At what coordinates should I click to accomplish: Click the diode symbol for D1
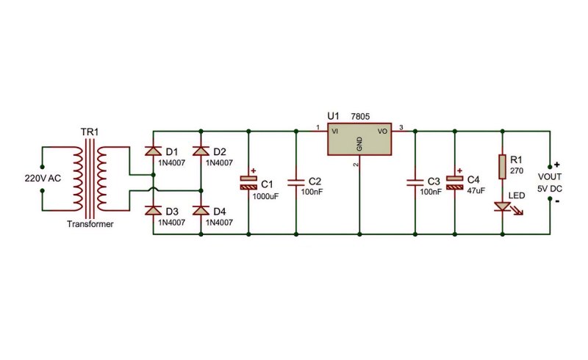coord(153,151)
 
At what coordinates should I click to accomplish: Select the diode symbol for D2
coord(201,151)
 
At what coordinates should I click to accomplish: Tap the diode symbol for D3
coord(153,210)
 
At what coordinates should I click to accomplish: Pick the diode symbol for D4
coord(201,210)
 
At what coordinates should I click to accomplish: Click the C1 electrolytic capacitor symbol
coord(248,182)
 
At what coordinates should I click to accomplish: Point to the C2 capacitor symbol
coord(296,183)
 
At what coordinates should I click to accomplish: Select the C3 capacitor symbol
coord(415,183)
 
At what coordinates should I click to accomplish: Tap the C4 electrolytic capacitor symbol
coord(454,182)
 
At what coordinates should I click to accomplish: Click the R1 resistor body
coord(503,166)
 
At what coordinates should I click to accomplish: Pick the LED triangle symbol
coord(503,206)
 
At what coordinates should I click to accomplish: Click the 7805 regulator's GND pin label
coord(359,144)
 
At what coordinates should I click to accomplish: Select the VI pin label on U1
coord(335,132)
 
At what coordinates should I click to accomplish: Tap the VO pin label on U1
coord(382,132)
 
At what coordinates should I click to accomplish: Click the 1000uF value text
coord(265,196)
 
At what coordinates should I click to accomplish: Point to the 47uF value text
coord(476,190)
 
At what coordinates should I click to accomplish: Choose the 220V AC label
coord(43,179)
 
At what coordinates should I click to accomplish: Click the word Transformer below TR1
coord(90,224)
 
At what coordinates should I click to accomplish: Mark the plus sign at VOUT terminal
coord(557,165)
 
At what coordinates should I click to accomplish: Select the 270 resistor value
coord(517,171)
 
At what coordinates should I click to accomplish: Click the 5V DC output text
coord(550,189)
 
